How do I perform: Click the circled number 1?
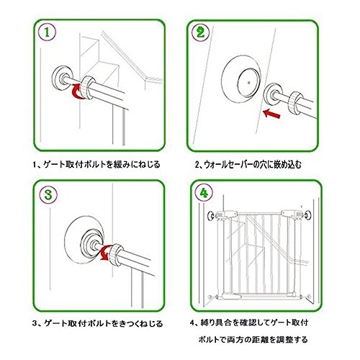pyautogui.click(x=47, y=32)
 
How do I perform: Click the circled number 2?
pyautogui.click(x=201, y=32)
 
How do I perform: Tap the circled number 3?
pyautogui.click(x=48, y=194)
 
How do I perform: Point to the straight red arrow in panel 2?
pyautogui.click(x=271, y=114)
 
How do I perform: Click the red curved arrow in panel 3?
pyautogui.click(x=106, y=253)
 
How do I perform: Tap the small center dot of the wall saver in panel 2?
pyautogui.click(x=249, y=83)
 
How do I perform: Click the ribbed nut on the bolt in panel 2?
pyautogui.click(x=295, y=102)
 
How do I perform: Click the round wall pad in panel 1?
pyautogui.click(x=62, y=78)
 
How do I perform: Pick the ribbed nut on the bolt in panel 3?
pyautogui.click(x=117, y=255)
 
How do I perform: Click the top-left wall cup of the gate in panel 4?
pyautogui.click(x=210, y=215)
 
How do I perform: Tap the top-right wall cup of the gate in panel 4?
pyautogui.click(x=307, y=215)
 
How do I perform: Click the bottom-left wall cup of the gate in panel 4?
pyautogui.click(x=210, y=297)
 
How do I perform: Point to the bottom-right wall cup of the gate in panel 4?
pyautogui.click(x=309, y=297)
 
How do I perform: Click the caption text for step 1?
pyautogui.click(x=96, y=165)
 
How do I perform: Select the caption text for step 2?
pyautogui.click(x=248, y=165)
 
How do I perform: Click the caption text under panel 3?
pyautogui.click(x=97, y=323)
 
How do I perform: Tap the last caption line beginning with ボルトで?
pyautogui.click(x=253, y=340)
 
